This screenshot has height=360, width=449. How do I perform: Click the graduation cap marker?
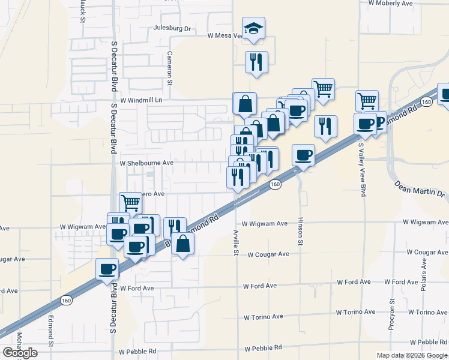coord(253,28)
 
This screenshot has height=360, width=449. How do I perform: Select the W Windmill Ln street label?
coord(142,100)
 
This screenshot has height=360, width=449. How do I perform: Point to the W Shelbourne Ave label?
coord(146,163)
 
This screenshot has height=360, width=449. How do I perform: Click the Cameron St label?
coord(170,67)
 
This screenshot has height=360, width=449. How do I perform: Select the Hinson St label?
coord(300,231)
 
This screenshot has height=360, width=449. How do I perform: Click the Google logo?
coord(20,353)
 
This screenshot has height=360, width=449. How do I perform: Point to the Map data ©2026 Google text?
coord(411,355)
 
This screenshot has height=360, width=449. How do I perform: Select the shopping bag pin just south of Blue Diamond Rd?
coord(182,244)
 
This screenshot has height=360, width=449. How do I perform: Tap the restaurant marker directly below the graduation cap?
coord(256,61)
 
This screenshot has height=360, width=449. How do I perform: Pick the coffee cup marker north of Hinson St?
coord(303,155)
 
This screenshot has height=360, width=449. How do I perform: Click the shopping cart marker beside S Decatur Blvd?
coord(130,202)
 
